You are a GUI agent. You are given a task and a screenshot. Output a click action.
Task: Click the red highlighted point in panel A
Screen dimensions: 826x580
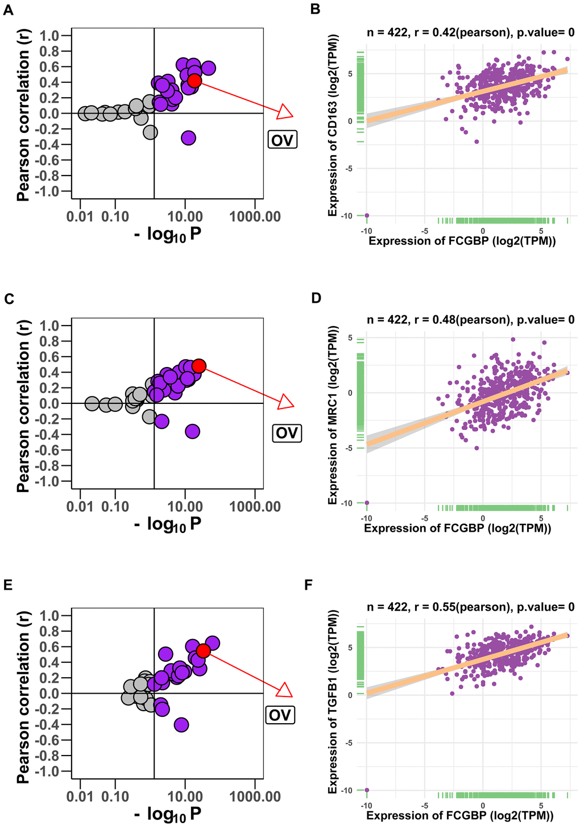pyautogui.click(x=194, y=81)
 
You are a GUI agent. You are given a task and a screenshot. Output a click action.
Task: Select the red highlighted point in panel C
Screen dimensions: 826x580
pyautogui.click(x=198, y=366)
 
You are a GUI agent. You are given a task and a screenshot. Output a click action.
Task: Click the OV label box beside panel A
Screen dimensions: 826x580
pyautogui.click(x=283, y=139)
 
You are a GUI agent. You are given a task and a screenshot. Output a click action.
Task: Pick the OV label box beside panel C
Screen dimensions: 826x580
pyautogui.click(x=287, y=433)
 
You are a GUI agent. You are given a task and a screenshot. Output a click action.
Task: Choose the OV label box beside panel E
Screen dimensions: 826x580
pyautogui.click(x=280, y=714)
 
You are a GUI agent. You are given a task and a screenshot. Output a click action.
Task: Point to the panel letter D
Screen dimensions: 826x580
pyautogui.click(x=316, y=298)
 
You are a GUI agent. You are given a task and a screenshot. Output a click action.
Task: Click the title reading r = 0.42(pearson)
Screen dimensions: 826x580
pyautogui.click(x=471, y=33)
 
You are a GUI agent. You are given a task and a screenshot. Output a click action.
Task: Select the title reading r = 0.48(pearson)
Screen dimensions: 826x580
pyautogui.click(x=471, y=320)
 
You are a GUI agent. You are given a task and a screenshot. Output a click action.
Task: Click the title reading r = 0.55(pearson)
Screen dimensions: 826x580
pyautogui.click(x=471, y=607)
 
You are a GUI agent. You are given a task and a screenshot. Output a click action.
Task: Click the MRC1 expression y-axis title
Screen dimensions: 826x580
pyautogui.click(x=334, y=415)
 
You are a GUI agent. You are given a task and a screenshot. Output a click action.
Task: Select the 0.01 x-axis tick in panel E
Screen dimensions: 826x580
pyautogui.click(x=80, y=796)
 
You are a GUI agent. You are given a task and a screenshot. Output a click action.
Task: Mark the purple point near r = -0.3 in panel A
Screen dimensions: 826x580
pyautogui.click(x=189, y=137)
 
